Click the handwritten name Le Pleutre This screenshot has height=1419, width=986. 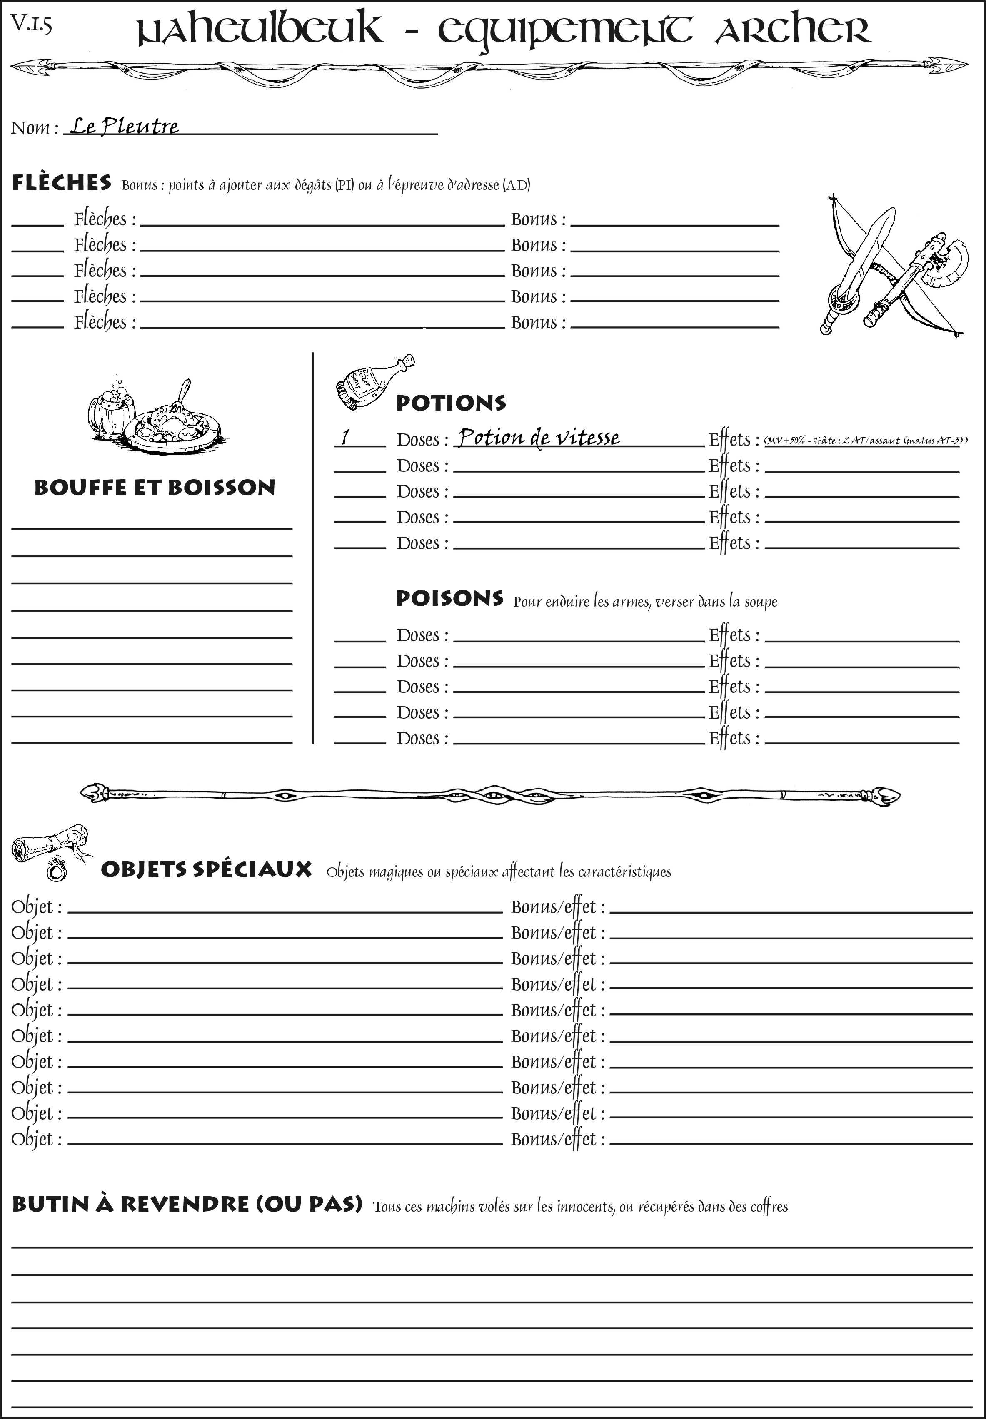pyautogui.click(x=124, y=127)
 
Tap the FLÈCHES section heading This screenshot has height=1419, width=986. pyautogui.click(x=62, y=183)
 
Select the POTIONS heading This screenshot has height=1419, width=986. pyautogui.click(x=450, y=403)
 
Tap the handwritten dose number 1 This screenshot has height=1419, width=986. pyautogui.click(x=345, y=437)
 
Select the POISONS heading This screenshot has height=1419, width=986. pyautogui.click(x=449, y=598)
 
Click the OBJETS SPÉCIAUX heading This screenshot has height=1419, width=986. pyautogui.click(x=206, y=869)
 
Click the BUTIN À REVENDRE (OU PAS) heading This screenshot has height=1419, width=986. pyautogui.click(x=187, y=1204)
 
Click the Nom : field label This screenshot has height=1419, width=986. pyautogui.click(x=35, y=128)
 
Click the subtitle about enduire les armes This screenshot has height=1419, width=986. pyautogui.click(x=645, y=601)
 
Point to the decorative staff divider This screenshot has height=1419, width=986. pyautogui.click(x=490, y=795)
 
